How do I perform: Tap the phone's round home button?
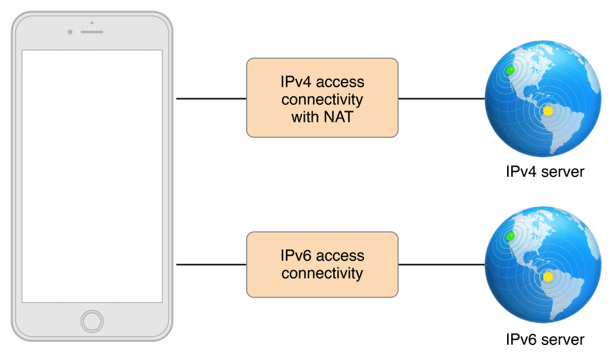click(x=92, y=321)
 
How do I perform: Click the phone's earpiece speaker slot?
click(x=92, y=31)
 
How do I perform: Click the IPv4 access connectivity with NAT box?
click(x=322, y=98)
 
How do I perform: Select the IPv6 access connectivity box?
click(x=322, y=264)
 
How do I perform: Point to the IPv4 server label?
click(x=544, y=173)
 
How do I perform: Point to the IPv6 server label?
click(x=544, y=339)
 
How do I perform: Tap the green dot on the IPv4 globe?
click(x=510, y=68)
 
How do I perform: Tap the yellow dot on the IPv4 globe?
click(x=548, y=111)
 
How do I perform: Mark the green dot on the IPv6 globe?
click(x=510, y=235)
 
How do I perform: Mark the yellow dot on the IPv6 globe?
click(x=548, y=277)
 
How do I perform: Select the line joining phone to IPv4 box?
click(x=211, y=99)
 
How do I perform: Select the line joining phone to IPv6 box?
click(x=211, y=265)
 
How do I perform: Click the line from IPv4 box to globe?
click(x=441, y=99)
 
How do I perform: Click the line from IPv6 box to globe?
click(x=441, y=265)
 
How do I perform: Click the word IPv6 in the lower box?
click(x=296, y=256)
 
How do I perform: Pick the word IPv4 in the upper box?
click(x=296, y=83)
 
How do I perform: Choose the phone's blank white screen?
click(x=92, y=176)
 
